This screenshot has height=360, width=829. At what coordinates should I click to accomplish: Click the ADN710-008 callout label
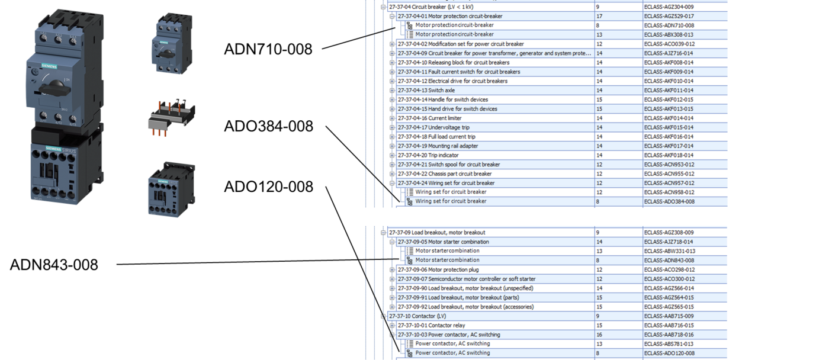(x=268, y=49)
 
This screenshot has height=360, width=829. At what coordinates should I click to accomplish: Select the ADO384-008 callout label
(x=268, y=127)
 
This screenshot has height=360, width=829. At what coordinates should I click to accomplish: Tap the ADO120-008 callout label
(x=268, y=187)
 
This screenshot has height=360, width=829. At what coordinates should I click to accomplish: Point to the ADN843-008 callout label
(x=54, y=265)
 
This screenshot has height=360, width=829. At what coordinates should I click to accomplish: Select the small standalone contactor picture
(x=171, y=188)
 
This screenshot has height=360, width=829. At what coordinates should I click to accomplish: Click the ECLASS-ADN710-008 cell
(x=669, y=25)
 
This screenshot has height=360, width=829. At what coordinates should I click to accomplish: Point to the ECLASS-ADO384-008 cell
(x=669, y=201)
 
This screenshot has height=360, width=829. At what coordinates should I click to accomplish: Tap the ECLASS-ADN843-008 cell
(x=669, y=261)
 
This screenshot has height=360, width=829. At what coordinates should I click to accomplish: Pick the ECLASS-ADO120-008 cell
(x=669, y=353)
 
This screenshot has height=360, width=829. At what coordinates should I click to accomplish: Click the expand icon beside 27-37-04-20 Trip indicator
(x=392, y=155)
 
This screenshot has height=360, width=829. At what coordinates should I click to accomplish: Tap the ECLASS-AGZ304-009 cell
(x=669, y=7)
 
